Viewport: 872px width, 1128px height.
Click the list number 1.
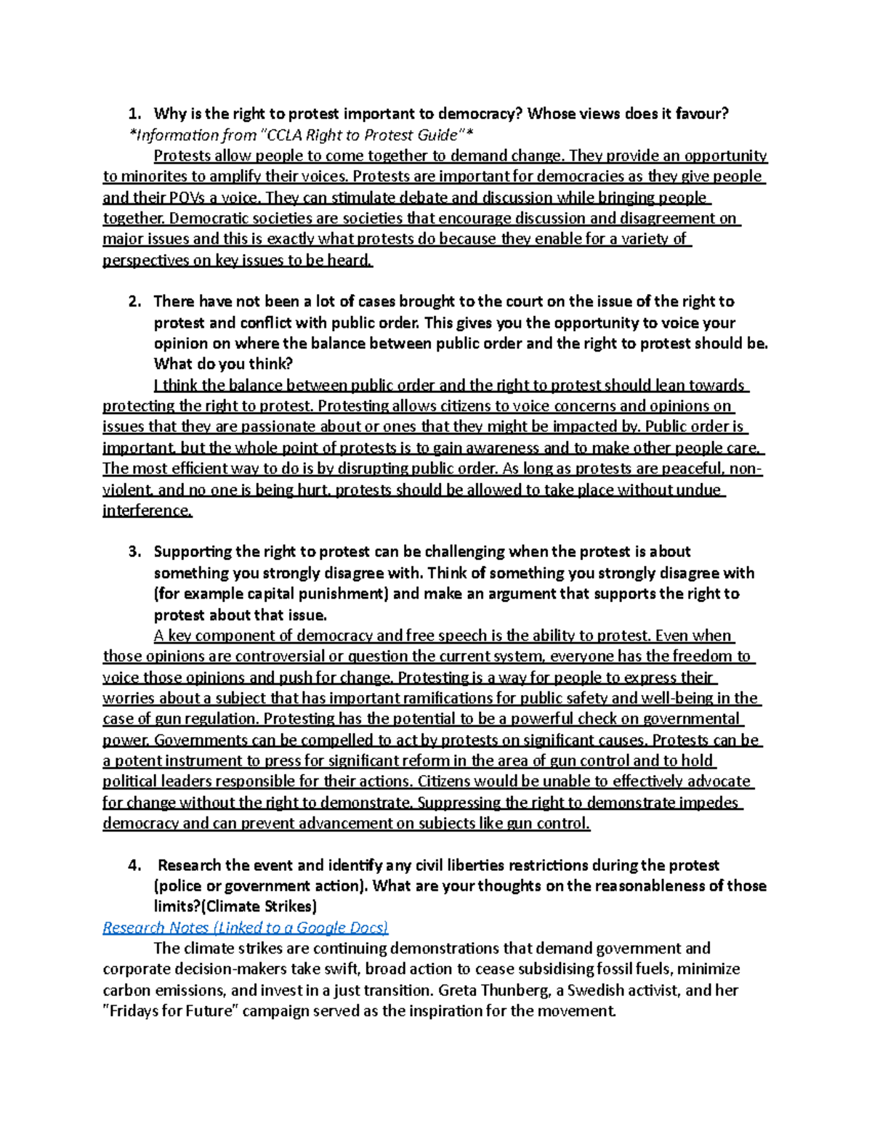tap(133, 113)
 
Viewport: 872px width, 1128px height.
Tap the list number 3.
tap(133, 551)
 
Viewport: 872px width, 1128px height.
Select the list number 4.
tap(133, 865)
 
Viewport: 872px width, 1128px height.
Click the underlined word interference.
tap(148, 511)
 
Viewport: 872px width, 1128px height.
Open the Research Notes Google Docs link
tap(246, 928)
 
